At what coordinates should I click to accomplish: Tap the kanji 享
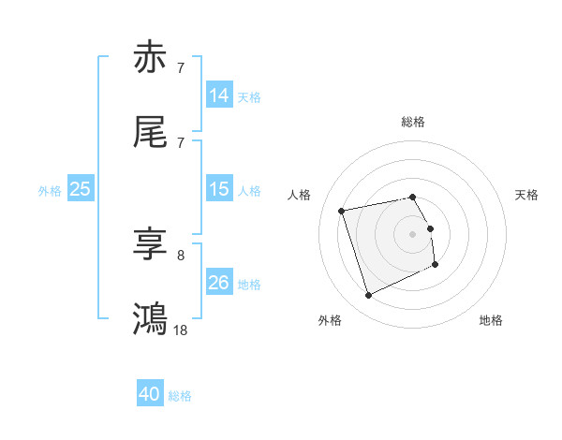151,244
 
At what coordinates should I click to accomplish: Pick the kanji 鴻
151,318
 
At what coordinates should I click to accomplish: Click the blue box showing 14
219,95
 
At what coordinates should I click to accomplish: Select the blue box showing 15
219,189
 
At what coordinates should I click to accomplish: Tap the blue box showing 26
219,283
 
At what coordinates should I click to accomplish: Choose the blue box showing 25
81,189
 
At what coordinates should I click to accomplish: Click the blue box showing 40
150,394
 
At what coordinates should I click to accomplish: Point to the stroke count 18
181,330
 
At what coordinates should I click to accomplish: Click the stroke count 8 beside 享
181,254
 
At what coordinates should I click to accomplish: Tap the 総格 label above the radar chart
413,122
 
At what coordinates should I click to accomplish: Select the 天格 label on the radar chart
527,195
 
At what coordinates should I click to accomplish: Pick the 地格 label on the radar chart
491,321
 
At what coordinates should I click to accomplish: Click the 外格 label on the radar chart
330,321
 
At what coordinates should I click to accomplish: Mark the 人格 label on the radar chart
300,195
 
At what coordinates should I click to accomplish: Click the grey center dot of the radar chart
413,234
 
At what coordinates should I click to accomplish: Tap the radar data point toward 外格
368,296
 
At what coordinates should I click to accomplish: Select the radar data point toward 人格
342,211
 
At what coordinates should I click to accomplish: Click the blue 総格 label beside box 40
180,396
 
